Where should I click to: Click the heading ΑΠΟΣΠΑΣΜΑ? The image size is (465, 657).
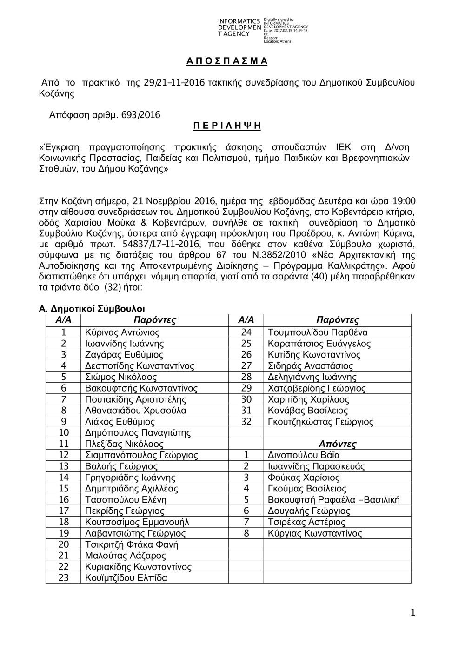pos(227,61)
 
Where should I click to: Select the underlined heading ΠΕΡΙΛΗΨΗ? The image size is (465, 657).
pos(227,126)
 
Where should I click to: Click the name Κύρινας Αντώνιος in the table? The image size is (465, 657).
pos(122,332)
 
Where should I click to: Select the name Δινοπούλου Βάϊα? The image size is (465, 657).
pos(304,455)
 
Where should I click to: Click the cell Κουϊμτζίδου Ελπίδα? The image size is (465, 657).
pos(126,578)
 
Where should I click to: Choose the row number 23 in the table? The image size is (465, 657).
pos(64,578)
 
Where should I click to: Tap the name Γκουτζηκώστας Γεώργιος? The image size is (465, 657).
pos(320,422)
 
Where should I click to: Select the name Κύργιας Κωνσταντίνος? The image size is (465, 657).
pos(315,533)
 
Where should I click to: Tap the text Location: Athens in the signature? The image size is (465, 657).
pos(277,41)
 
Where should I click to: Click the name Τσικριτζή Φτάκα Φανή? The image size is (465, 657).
pos(132,544)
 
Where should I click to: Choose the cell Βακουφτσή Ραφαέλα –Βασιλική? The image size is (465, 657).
pos(333,500)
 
